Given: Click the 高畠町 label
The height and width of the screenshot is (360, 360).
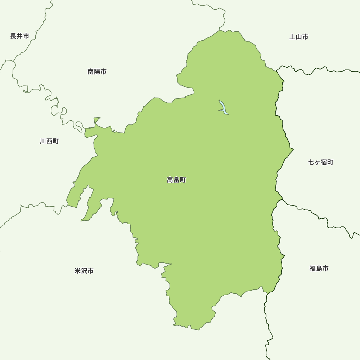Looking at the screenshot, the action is tap(176, 180).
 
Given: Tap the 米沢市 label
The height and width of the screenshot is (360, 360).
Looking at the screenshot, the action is tap(84, 271).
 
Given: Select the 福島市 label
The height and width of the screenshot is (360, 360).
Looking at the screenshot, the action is tap(319, 269).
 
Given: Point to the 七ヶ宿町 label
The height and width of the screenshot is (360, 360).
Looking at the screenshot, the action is tap(321, 162).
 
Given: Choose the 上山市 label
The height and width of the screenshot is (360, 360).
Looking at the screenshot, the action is tap(299, 37).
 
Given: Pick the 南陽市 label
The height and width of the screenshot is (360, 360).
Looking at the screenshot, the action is tap(97, 72).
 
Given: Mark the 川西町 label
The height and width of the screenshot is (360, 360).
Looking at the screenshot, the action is tap(49, 141).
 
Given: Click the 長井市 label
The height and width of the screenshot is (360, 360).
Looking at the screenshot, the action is tap(19, 36).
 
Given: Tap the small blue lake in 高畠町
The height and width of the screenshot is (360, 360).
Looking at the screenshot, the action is tap(223, 108).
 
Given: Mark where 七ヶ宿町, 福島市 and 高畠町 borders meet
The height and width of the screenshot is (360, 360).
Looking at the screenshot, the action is tap(282, 199).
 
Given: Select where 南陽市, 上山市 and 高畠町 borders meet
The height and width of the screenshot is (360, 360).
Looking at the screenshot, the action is tap(220, 30).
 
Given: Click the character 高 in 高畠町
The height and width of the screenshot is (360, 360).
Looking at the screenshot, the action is tap(170, 180).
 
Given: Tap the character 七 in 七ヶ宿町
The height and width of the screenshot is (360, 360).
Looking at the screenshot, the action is tap(311, 162).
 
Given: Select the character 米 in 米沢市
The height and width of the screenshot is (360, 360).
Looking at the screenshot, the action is tap(77, 271).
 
